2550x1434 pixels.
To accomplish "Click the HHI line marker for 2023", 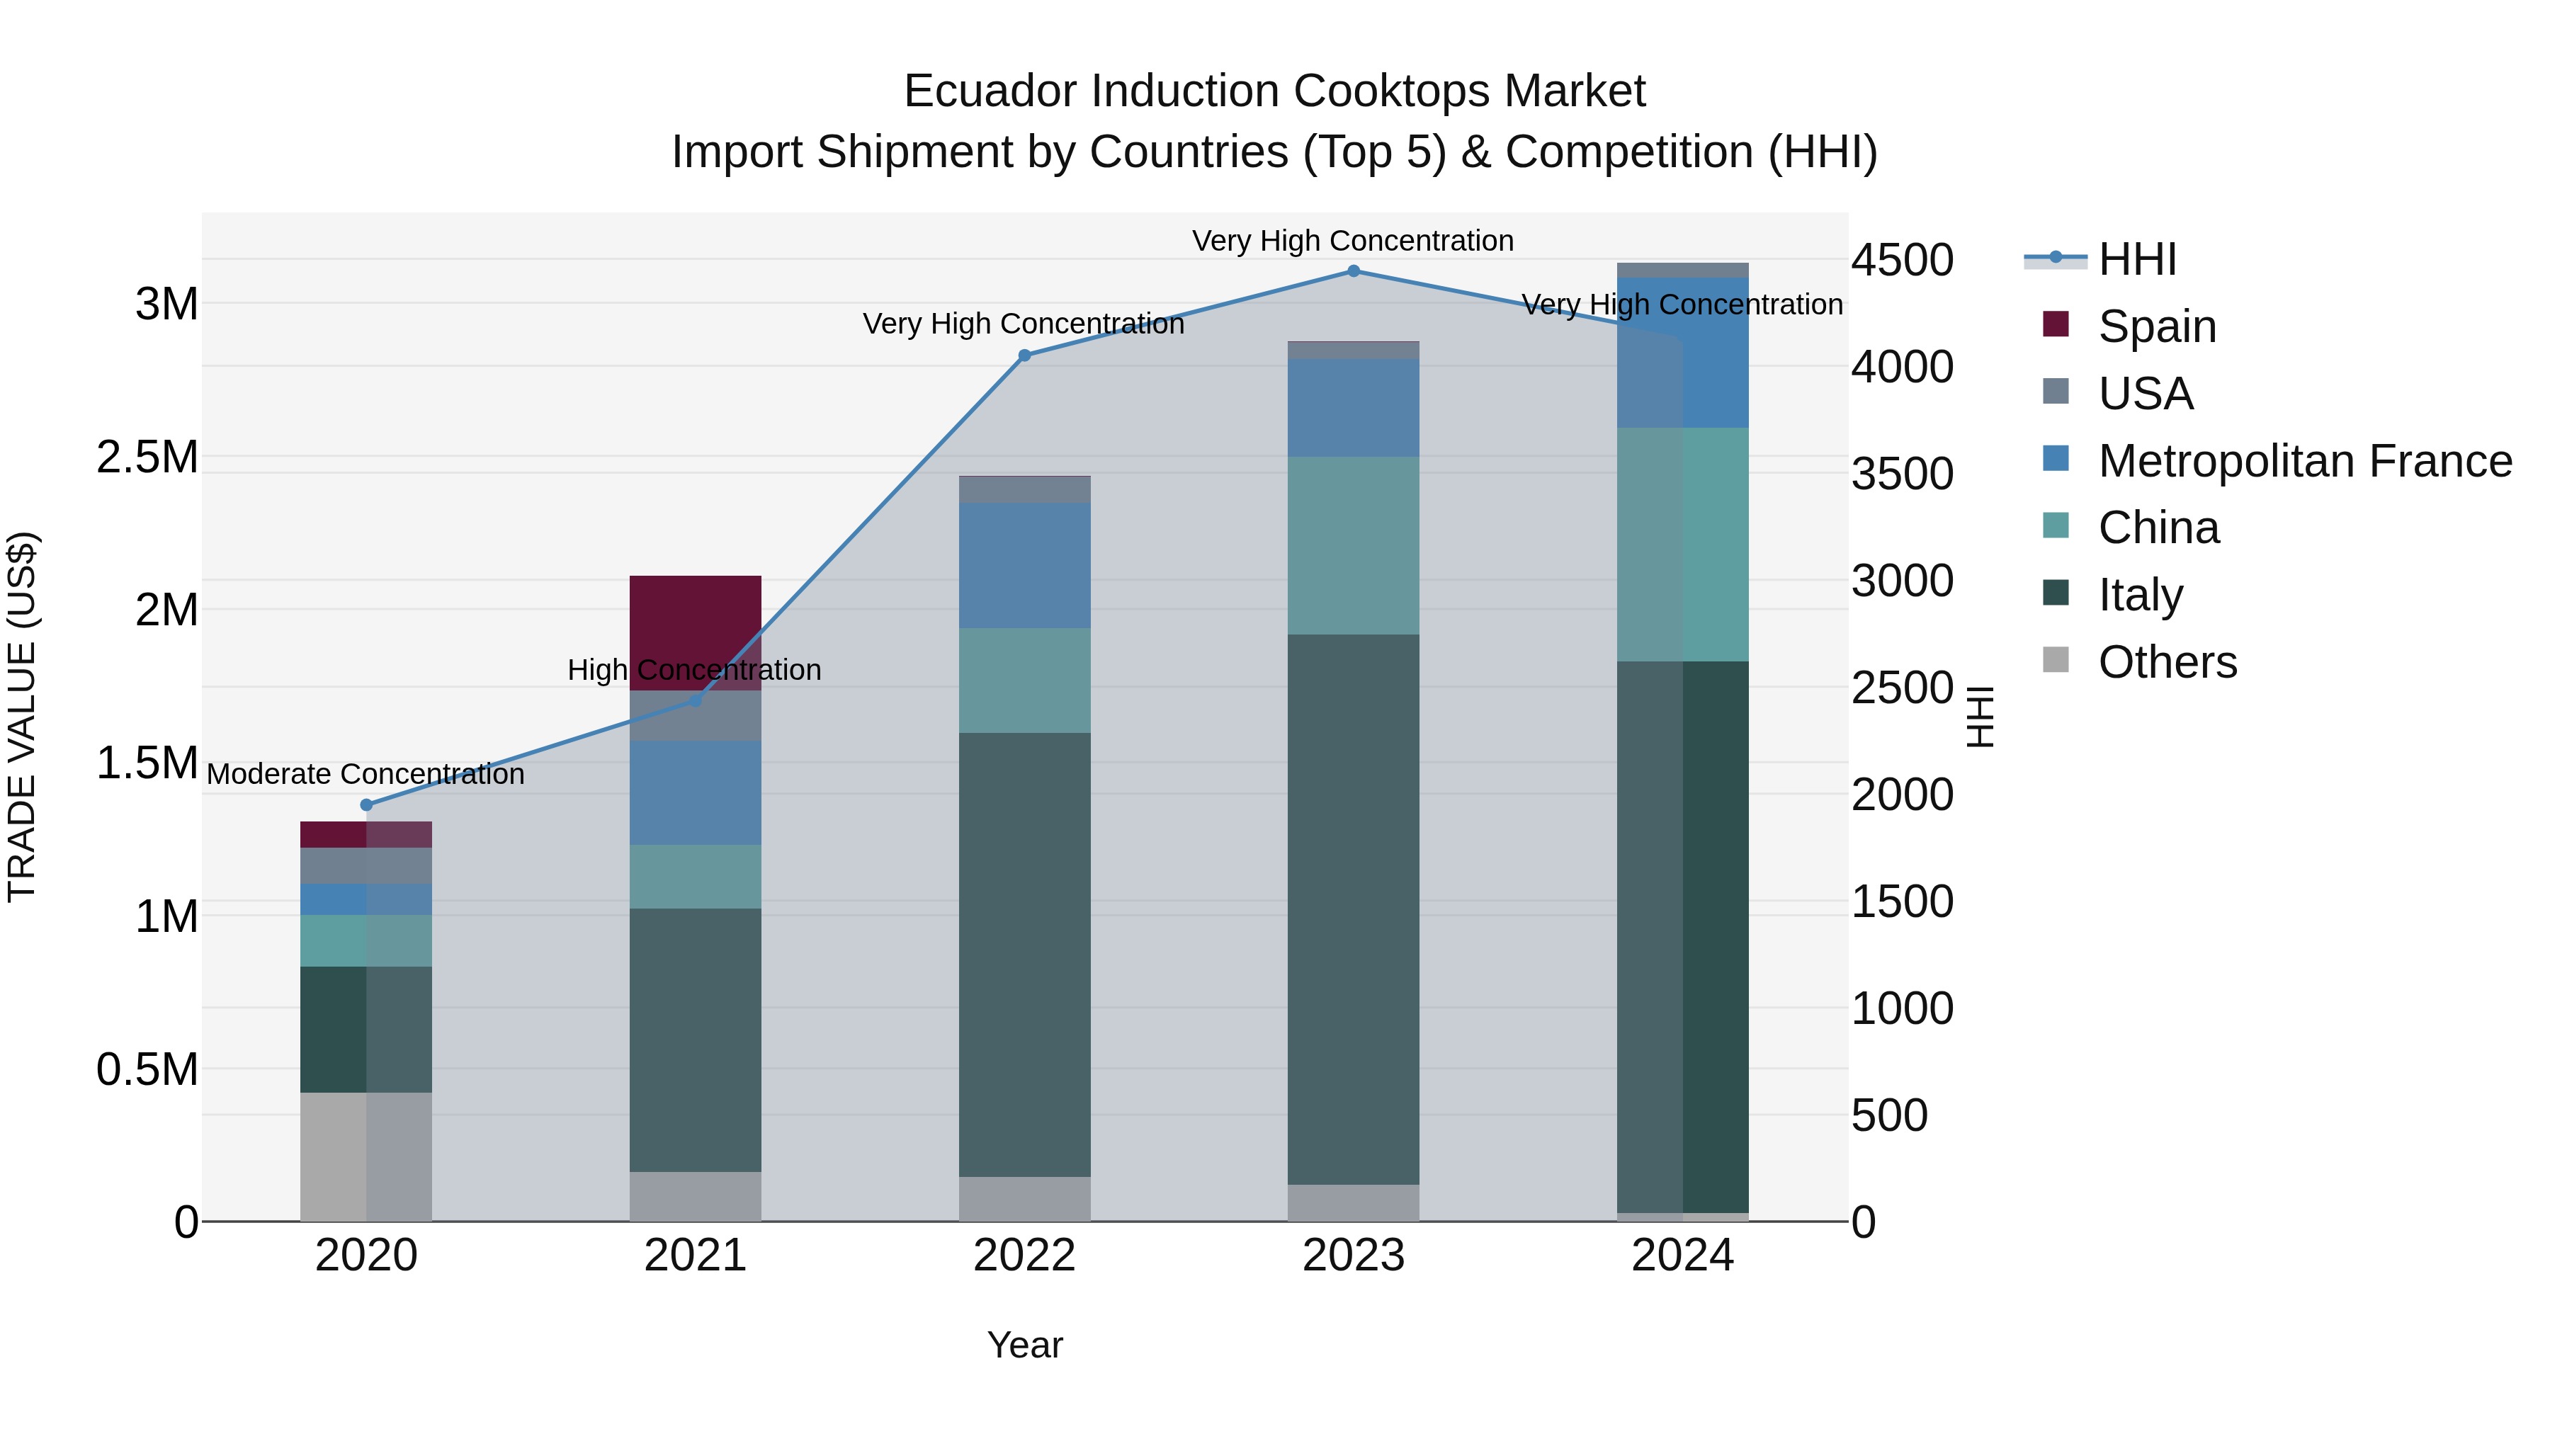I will point(1353,271).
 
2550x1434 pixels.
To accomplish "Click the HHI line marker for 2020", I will point(366,804).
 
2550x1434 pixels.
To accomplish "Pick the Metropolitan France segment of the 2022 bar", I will point(1024,565).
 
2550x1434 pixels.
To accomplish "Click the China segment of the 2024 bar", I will point(1683,545).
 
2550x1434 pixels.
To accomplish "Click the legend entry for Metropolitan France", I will point(2304,461).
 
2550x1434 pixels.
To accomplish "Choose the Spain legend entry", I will point(2156,326).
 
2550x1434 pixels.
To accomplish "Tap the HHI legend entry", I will point(2136,259).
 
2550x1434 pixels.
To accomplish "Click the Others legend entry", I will point(2166,662).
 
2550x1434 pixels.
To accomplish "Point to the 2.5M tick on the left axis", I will point(147,457).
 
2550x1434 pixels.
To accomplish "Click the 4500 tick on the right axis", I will point(1902,261).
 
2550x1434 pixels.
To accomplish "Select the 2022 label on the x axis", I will point(1024,1256).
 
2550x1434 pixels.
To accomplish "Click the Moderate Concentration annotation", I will point(365,774).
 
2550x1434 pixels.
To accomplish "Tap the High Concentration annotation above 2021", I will point(694,670).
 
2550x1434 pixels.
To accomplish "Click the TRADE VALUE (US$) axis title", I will point(22,717).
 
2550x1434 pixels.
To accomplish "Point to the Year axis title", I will point(1024,1345).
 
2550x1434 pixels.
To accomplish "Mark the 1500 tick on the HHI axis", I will point(1902,901).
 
